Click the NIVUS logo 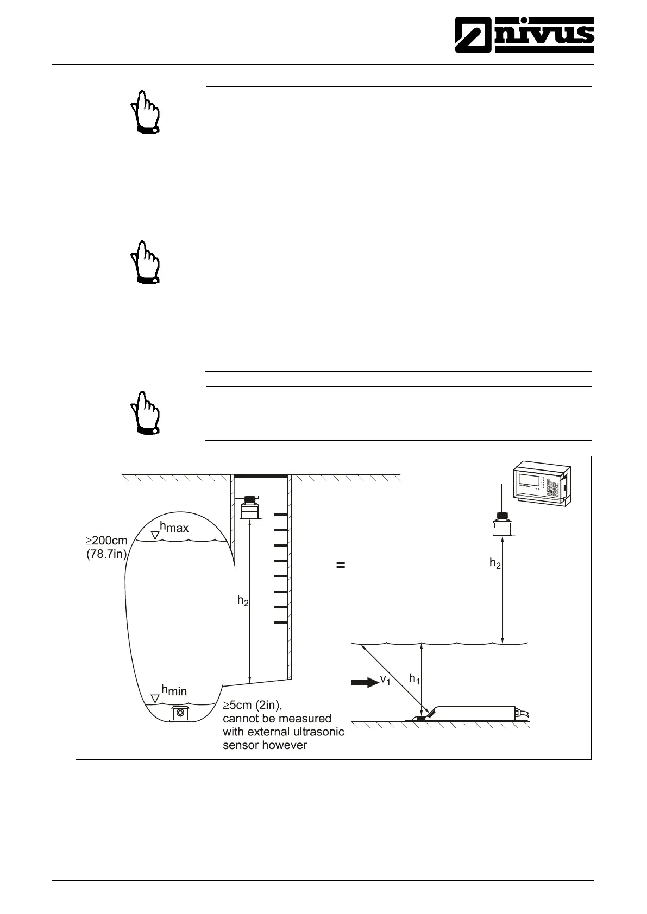524,34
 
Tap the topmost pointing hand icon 145,112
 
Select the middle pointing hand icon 145,262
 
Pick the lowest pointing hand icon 145,412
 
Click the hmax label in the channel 174,526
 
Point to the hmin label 174,690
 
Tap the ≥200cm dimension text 106,541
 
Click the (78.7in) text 106,555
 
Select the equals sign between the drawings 341,565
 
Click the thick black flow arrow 365,682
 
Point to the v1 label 385,680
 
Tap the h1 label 414,678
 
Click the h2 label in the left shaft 243,600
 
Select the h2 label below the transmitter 495,563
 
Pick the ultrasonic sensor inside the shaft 250,508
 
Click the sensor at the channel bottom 179,713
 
